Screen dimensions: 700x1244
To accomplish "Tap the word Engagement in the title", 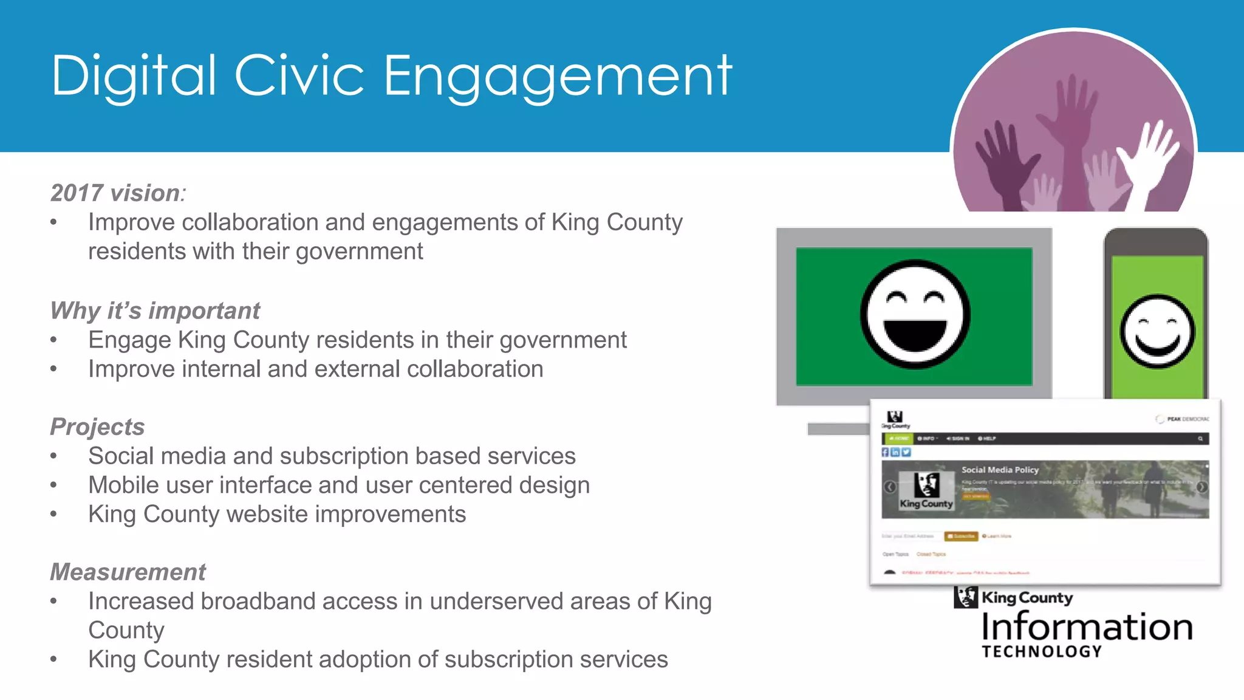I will (558, 78).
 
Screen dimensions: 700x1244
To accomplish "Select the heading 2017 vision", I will (115, 193).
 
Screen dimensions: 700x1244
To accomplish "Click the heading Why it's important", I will (155, 311).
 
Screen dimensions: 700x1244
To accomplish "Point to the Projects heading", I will (97, 427).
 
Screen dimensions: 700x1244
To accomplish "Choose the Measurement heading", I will (128, 572).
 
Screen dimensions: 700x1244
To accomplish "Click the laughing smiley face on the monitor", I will (915, 314).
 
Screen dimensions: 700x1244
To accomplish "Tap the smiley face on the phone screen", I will (1157, 332).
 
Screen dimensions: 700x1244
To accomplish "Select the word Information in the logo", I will (1087, 627).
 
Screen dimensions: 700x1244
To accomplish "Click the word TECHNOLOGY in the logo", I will (1042, 652).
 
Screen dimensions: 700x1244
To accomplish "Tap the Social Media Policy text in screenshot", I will (1000, 470).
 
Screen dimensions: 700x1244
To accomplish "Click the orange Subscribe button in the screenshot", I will (961, 536).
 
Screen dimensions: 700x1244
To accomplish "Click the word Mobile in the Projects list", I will (123, 486).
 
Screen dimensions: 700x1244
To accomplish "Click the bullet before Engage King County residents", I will (54, 340).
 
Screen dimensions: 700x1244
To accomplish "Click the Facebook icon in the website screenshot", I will (886, 452).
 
